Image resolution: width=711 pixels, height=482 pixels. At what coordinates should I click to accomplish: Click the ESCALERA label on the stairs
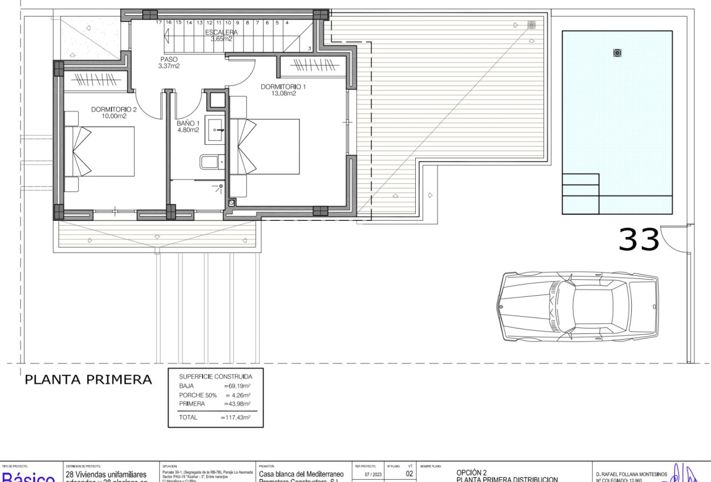[x=221, y=32]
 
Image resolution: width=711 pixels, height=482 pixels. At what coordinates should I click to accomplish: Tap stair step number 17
[x=159, y=23]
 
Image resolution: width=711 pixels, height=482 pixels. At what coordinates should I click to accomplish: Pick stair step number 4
[x=287, y=23]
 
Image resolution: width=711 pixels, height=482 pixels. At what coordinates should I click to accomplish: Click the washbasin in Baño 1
[x=216, y=130]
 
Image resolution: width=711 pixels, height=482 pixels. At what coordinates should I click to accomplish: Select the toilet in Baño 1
[x=211, y=161]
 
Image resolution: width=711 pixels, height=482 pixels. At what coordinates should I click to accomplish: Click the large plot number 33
[x=639, y=240]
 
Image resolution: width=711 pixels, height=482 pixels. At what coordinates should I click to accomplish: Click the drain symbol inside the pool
[x=617, y=53]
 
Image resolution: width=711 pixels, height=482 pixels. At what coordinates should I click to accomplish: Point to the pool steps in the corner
[x=580, y=193]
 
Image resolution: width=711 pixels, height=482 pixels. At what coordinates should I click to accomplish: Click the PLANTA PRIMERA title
[x=88, y=380]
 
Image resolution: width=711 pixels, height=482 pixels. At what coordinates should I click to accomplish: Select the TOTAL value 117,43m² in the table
[x=235, y=417]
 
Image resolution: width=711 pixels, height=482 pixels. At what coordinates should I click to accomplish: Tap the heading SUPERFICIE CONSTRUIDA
[x=215, y=376]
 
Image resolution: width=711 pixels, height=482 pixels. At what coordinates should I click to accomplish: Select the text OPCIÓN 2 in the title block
[x=471, y=473]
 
